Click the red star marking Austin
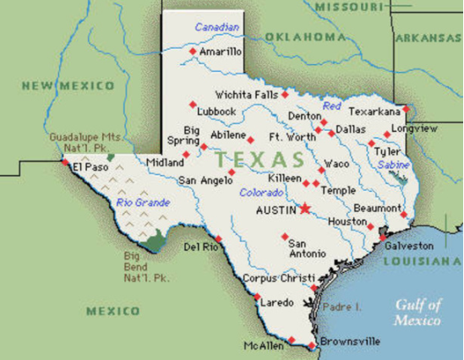[305, 208]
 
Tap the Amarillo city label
[222, 52]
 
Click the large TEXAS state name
[259, 159]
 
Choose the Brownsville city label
[347, 344]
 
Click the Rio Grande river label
[143, 203]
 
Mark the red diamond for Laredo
[257, 297]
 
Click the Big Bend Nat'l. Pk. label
[146, 266]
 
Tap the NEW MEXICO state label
[68, 85]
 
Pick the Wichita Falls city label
[246, 95]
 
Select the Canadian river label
[217, 28]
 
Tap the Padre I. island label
[342, 306]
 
